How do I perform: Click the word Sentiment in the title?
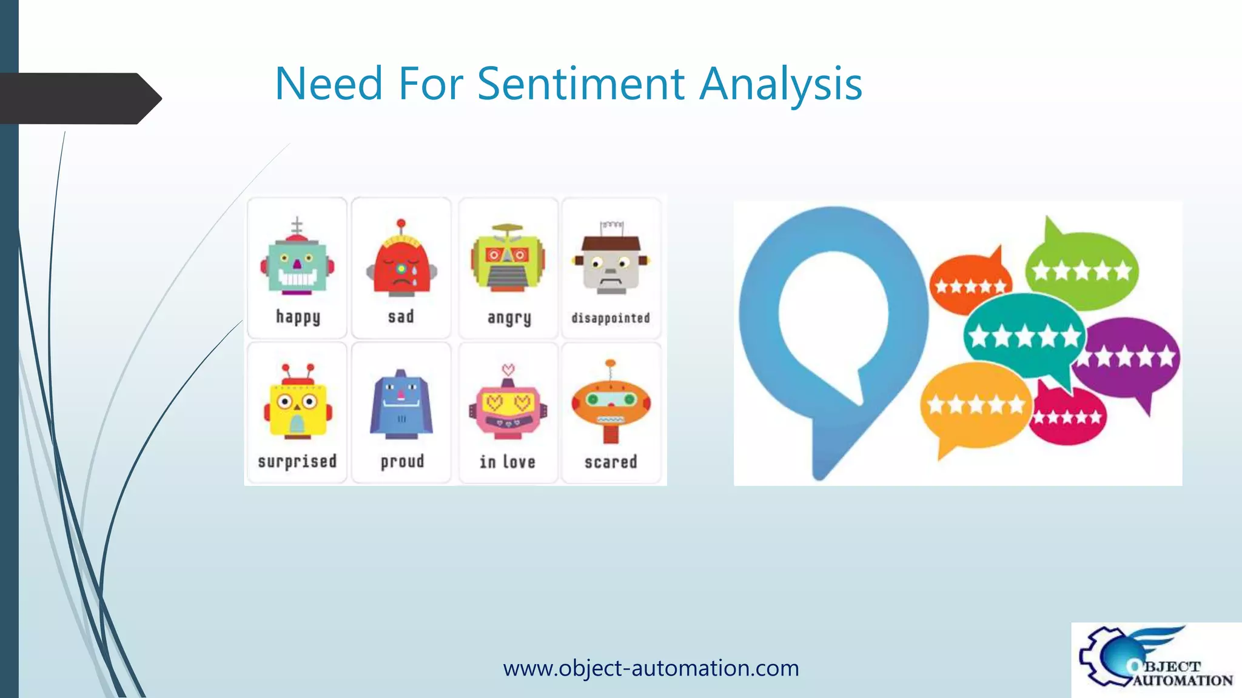pyautogui.click(x=580, y=84)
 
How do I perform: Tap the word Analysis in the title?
pyautogui.click(x=780, y=84)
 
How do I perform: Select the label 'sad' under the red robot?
pyautogui.click(x=401, y=316)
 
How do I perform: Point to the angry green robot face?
pyautogui.click(x=508, y=259)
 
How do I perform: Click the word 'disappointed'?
pyautogui.click(x=610, y=318)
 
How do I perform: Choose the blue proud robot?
pyautogui.click(x=401, y=405)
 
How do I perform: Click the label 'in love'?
pyautogui.click(x=508, y=462)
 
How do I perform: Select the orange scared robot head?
pyautogui.click(x=611, y=402)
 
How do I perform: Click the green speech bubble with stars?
pyautogui.click(x=1081, y=270)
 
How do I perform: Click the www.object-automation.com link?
pyautogui.click(x=651, y=668)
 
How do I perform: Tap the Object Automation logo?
pyautogui.click(x=1155, y=660)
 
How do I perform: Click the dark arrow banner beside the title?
pyautogui.click(x=79, y=98)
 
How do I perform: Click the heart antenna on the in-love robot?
pyautogui.click(x=508, y=369)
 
